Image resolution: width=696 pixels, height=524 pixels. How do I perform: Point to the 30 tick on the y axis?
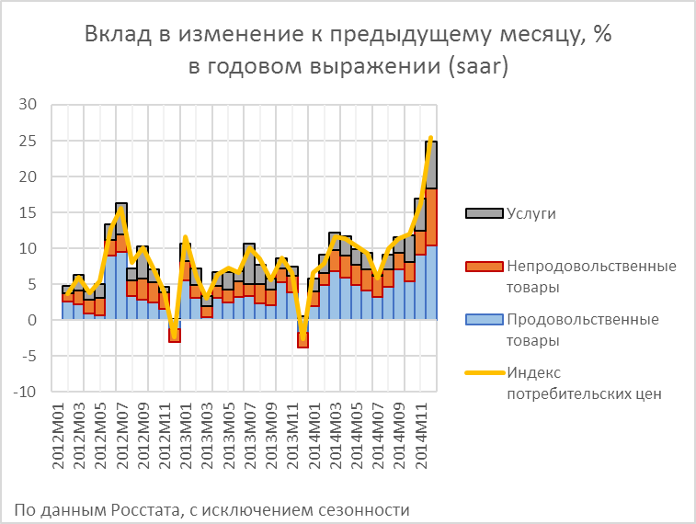[x=27, y=105]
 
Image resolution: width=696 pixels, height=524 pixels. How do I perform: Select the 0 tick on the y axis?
[x=30, y=320]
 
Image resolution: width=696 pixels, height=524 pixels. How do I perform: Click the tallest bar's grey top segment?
[x=430, y=165]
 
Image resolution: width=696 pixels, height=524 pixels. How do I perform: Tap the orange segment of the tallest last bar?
[x=430, y=217]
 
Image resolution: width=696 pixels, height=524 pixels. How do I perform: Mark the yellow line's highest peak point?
[x=430, y=138]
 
